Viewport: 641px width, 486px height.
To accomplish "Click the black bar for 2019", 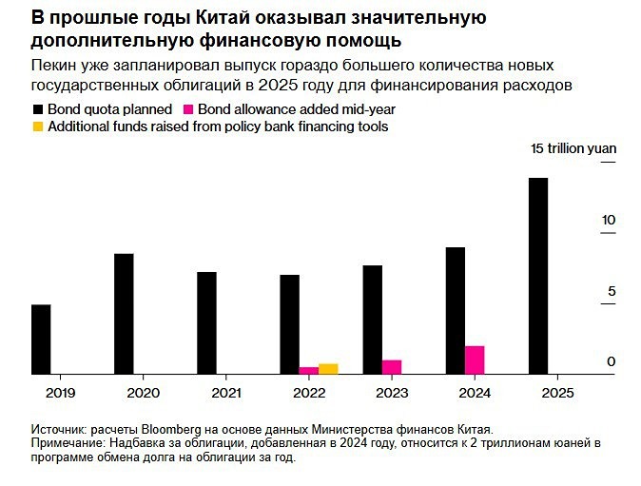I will coord(41,340).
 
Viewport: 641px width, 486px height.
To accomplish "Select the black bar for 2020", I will coord(124,314).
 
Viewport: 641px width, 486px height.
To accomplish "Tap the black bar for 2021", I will coord(206,323).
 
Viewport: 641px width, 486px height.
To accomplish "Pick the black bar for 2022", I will coord(289,324).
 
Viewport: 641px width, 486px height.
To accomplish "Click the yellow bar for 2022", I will coord(328,369).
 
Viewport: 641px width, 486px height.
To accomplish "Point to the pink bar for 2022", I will coord(308,371).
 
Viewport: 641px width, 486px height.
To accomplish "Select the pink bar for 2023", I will coord(392,367).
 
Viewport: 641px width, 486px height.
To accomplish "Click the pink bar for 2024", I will coord(475,360).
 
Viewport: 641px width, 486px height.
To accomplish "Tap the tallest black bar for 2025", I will coord(538,276).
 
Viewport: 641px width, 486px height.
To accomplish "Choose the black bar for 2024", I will coord(456,311).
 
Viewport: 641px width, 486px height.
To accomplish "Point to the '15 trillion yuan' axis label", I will coord(573,148).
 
